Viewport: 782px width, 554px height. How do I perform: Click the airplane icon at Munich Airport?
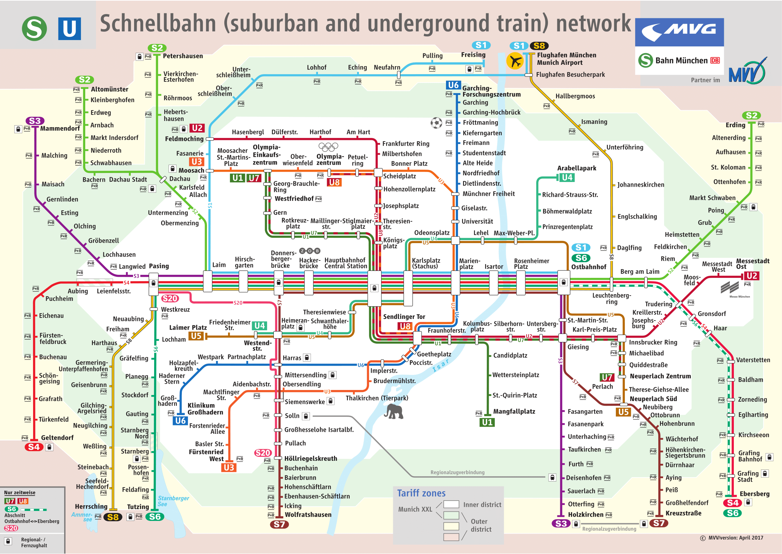(x=515, y=61)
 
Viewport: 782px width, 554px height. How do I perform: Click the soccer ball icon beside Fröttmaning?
(x=436, y=123)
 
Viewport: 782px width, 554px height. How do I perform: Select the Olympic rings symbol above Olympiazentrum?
(x=328, y=147)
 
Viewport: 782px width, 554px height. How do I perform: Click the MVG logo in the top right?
(x=679, y=32)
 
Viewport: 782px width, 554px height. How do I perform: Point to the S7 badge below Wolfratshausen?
(x=280, y=524)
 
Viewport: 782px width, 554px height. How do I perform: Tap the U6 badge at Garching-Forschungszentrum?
(x=453, y=85)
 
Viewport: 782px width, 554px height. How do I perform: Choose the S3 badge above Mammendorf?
(x=35, y=121)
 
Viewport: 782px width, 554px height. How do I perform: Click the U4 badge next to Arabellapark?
(x=567, y=177)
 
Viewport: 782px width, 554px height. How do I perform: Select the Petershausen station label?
(x=183, y=56)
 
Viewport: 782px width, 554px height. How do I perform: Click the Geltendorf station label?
(x=57, y=438)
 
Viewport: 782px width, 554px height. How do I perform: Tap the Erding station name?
(x=735, y=125)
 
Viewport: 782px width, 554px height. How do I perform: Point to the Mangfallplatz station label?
(x=514, y=412)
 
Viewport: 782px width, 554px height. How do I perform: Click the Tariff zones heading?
(x=421, y=493)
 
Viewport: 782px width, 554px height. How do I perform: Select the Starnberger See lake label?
(x=173, y=501)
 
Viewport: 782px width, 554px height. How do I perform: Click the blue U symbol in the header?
(x=70, y=29)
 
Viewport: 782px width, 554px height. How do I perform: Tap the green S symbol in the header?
(x=34, y=29)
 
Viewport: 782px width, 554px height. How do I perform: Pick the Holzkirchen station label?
(x=586, y=515)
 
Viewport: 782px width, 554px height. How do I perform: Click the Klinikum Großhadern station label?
(x=205, y=409)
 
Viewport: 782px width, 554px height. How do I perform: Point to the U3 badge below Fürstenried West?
(x=229, y=468)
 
